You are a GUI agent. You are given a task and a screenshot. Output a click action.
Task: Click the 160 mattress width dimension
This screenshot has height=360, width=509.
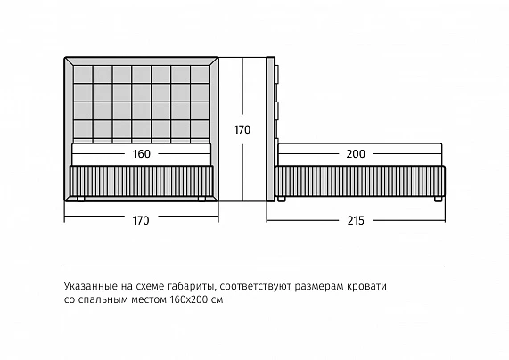pyautogui.click(x=142, y=153)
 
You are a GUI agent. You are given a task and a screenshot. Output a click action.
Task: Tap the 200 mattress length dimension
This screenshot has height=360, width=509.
pyautogui.click(x=356, y=153)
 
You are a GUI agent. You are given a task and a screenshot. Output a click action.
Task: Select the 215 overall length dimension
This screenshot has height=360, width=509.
pyautogui.click(x=356, y=221)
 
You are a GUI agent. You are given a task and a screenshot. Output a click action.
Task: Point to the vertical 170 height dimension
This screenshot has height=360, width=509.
pyautogui.click(x=242, y=130)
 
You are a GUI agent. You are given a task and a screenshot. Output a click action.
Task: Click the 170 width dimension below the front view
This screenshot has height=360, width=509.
pyautogui.click(x=141, y=221)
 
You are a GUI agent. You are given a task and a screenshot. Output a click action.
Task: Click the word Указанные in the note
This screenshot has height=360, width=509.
pyautogui.click(x=91, y=286)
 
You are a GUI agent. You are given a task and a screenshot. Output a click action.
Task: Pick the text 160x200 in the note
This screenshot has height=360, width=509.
pyautogui.click(x=188, y=299)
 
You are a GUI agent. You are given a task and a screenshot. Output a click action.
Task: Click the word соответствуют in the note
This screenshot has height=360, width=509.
pyautogui.click(x=258, y=286)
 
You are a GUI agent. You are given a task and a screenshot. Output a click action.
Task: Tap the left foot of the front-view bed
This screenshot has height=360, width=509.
pyautogui.click(x=80, y=199)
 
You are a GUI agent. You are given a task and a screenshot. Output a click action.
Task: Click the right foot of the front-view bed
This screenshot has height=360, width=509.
pyautogui.click(x=202, y=199)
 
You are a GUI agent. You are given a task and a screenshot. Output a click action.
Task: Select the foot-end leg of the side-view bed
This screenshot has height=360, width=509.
pyautogui.click(x=438, y=199)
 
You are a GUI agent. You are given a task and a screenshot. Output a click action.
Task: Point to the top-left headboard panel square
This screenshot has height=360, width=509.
pyautogui.click(x=83, y=74)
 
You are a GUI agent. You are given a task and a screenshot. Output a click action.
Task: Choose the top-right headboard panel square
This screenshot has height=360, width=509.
pyautogui.click(x=200, y=74)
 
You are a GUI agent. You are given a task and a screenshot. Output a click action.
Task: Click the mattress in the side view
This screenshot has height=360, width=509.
pyautogui.click(x=359, y=154)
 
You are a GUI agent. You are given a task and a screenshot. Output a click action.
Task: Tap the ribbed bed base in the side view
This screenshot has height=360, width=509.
pyautogui.click(x=360, y=181)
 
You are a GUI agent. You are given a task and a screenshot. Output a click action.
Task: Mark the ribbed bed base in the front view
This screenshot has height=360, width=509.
pyautogui.click(x=141, y=181)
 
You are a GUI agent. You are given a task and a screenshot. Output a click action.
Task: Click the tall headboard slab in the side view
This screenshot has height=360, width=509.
pyautogui.click(x=271, y=129)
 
